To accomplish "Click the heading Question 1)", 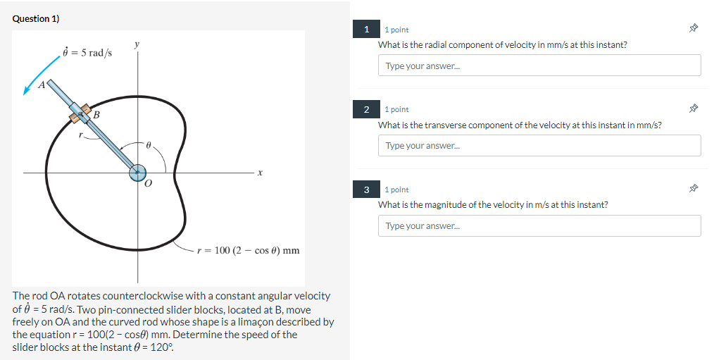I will tap(35, 19).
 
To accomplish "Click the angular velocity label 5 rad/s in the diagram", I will tap(88, 54).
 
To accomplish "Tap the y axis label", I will tap(137, 44).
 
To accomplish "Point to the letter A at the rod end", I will tap(41, 85).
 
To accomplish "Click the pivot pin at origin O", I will tap(137, 173).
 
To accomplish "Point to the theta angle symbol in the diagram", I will tap(149, 144).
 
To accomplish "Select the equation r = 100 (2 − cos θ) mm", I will tap(248, 250).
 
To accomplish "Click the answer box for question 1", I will tap(539, 66).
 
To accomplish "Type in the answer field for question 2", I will tap(539, 146).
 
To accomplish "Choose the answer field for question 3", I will tap(539, 226).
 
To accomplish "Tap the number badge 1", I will tap(366, 30).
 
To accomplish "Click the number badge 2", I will tap(366, 110).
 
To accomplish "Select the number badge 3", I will tap(366, 190).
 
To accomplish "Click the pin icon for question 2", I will tap(694, 109).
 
